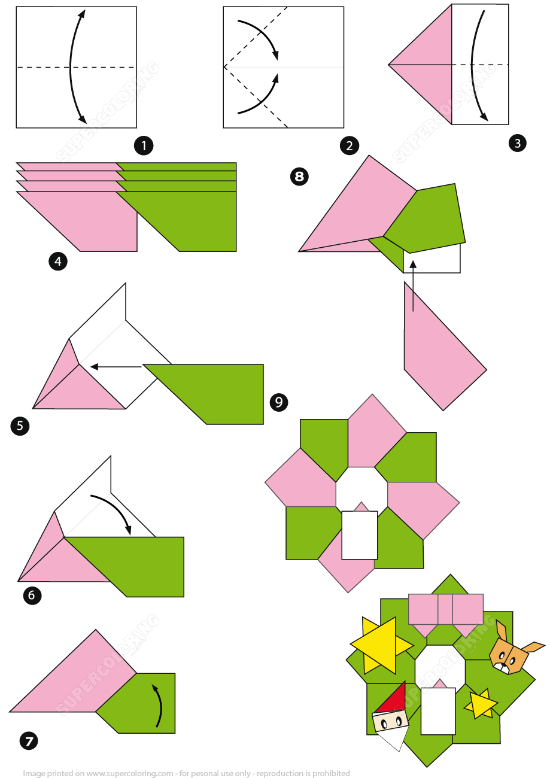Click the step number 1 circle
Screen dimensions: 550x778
pyautogui.click(x=144, y=145)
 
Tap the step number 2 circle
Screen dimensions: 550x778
pyautogui.click(x=349, y=145)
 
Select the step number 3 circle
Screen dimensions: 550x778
pyautogui.click(x=517, y=143)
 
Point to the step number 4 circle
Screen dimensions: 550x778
pyautogui.click(x=58, y=262)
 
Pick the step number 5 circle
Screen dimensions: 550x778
pyautogui.click(x=20, y=426)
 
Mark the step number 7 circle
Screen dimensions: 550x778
pyautogui.click(x=28, y=741)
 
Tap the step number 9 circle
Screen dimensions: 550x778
pyautogui.click(x=278, y=402)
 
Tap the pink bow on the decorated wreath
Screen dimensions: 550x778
pyautogui.click(x=446, y=610)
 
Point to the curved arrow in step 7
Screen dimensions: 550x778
pyautogui.click(x=158, y=706)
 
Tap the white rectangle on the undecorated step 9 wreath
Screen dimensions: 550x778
pyautogui.click(x=360, y=534)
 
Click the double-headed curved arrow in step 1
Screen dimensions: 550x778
pyautogui.click(x=75, y=66)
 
